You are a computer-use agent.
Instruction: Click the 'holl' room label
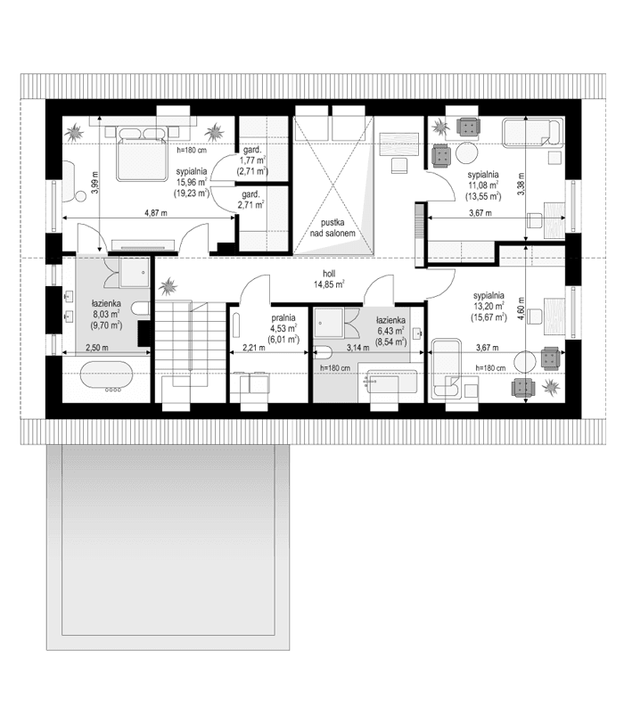[330, 274]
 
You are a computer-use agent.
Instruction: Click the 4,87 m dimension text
[157, 214]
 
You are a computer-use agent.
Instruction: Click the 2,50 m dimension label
[96, 348]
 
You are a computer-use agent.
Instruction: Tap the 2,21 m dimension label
[255, 349]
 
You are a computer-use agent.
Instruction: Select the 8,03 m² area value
[105, 314]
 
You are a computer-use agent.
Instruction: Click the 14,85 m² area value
[330, 285]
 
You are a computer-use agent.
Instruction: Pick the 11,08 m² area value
[482, 185]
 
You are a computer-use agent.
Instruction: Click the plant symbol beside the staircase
[168, 288]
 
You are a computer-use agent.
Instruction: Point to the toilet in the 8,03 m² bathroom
[138, 309]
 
